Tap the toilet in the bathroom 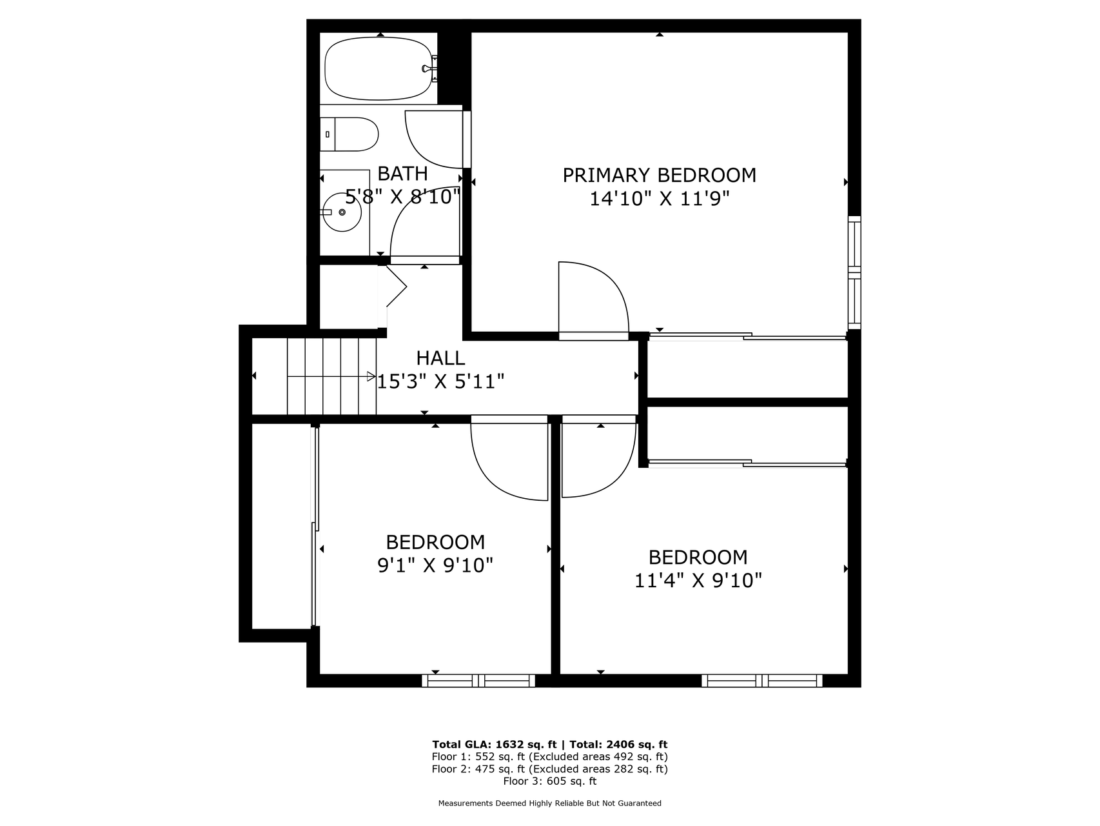pos(349,134)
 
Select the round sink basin pos(342,212)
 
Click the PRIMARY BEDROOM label pos(659,175)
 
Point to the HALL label pos(440,358)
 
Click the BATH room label pos(402,173)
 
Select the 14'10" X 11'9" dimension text pos(659,198)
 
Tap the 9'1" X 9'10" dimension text pos(435,565)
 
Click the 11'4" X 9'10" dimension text pos(698,581)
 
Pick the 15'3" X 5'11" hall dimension pos(440,381)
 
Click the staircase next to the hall pos(332,376)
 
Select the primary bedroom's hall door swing pos(593,301)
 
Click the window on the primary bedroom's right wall pos(854,272)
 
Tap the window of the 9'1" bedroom pos(478,680)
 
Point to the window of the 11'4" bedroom pos(762,680)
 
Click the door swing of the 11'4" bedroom pos(599,456)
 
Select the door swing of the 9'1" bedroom pos(509,458)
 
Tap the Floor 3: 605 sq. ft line pos(550,781)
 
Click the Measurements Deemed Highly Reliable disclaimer pos(550,803)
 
